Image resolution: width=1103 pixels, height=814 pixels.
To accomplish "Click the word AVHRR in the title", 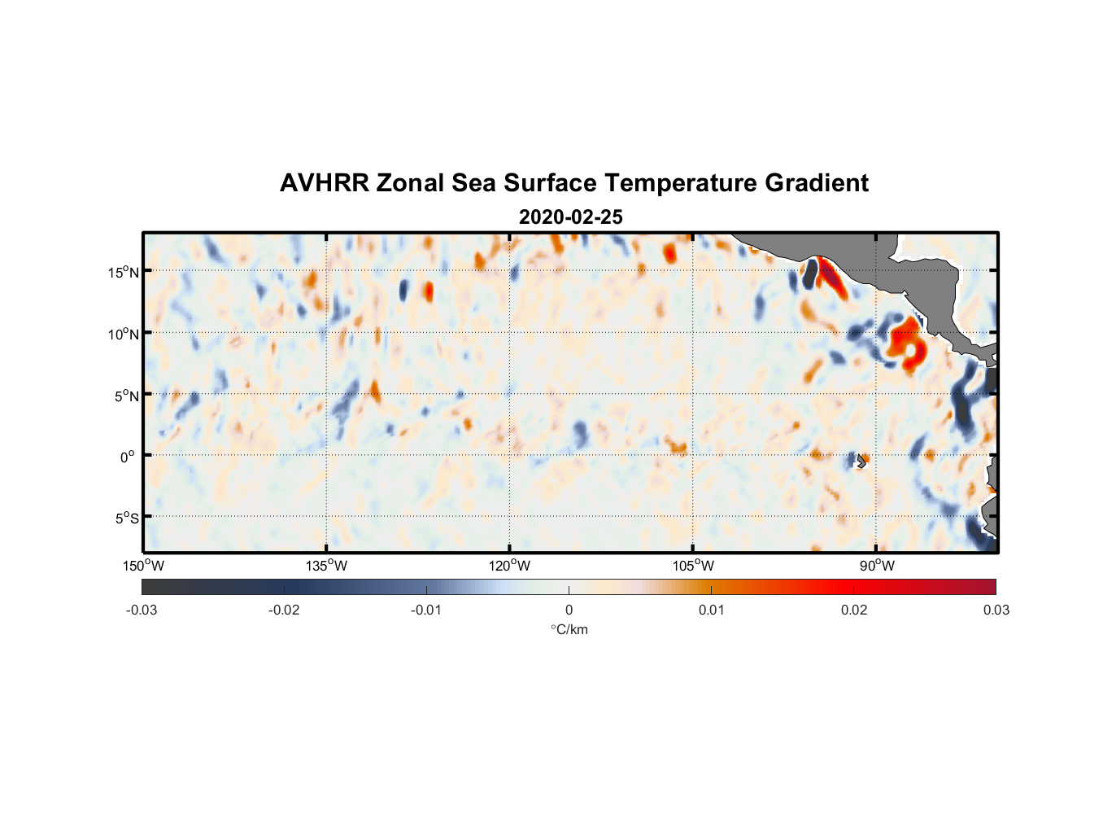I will [324, 183].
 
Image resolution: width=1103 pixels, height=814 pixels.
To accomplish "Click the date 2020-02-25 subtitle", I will [570, 217].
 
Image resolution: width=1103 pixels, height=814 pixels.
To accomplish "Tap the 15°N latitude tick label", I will [124, 272].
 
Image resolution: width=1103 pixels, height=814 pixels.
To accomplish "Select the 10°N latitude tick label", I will [124, 334].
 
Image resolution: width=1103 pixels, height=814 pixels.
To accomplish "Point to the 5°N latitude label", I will [126, 396].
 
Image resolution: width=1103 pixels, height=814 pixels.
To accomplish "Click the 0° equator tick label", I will [128, 457].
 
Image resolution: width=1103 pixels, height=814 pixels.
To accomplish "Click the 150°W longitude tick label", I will [143, 566].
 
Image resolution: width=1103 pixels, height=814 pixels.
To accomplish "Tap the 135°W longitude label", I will [326, 566].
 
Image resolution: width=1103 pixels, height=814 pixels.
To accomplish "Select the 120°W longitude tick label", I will [509, 566].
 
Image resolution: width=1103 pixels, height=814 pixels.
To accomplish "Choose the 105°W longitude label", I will [693, 566].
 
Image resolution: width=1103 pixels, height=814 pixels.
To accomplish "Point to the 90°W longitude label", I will [876, 566].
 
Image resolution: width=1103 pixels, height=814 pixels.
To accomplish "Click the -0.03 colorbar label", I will [142, 610].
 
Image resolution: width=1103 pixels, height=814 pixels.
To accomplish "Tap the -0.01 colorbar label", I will [426, 610].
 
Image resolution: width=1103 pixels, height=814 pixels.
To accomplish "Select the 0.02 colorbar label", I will [854, 610].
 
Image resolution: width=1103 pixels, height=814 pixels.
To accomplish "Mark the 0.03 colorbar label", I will [996, 610].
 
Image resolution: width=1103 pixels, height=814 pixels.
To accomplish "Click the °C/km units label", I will [569, 629].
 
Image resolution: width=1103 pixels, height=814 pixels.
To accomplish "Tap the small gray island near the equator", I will [861, 460].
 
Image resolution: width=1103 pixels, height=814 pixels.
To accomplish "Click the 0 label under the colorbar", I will [569, 610].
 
